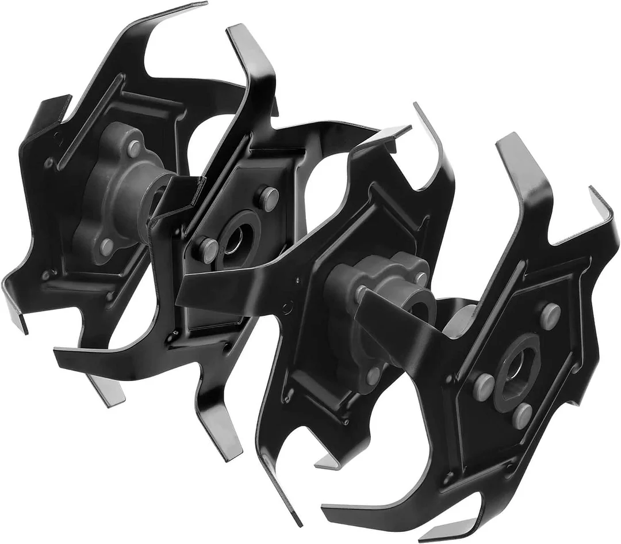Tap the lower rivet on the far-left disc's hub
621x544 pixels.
pos(106,246)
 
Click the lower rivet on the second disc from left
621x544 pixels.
pos(209,250)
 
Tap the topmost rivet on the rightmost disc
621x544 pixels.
pos(550,315)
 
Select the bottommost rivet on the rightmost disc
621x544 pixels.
pos(523,415)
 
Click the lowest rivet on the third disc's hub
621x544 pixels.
pos(374,375)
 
